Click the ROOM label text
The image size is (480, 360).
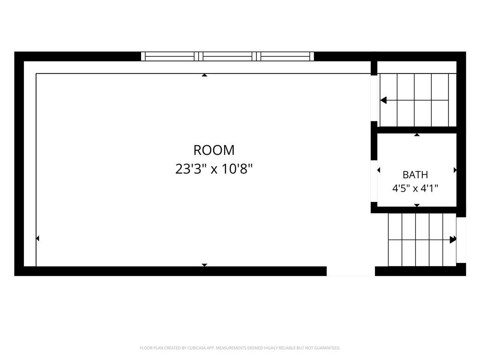click(x=214, y=150)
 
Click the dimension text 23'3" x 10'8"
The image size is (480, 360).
click(x=214, y=169)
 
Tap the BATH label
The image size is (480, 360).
click(x=415, y=175)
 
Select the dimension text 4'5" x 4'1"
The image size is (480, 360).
click(x=415, y=188)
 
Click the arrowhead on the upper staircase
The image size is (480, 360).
click(x=383, y=100)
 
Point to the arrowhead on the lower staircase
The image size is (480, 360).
click(x=453, y=240)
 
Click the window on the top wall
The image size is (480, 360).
click(x=227, y=56)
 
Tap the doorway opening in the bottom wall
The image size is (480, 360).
click(x=351, y=271)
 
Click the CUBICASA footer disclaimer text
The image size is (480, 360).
click(x=240, y=348)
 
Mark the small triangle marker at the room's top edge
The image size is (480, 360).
click(x=204, y=75)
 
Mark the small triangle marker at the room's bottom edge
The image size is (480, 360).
click(x=204, y=265)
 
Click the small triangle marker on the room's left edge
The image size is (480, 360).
click(x=37, y=238)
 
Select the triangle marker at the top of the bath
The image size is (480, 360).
click(x=417, y=135)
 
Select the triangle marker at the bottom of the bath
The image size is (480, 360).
click(x=417, y=205)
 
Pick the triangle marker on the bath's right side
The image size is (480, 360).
click(x=455, y=170)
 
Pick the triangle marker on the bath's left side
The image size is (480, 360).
click(x=379, y=170)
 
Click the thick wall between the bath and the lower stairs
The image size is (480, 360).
click(x=413, y=210)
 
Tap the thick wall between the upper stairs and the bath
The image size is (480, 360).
click(x=413, y=130)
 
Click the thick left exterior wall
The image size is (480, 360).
click(x=19, y=164)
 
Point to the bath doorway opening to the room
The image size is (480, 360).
click(x=374, y=181)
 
